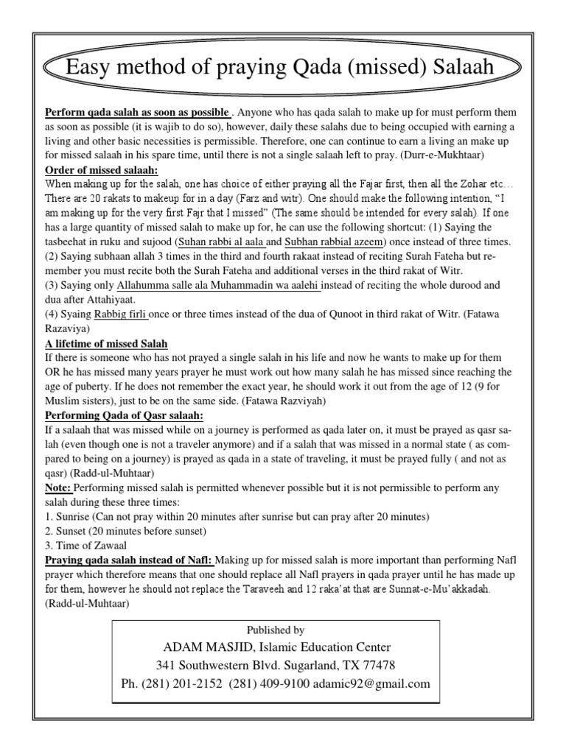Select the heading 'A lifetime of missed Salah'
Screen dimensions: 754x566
click(x=107, y=345)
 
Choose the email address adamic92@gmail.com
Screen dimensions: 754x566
click(x=373, y=683)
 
